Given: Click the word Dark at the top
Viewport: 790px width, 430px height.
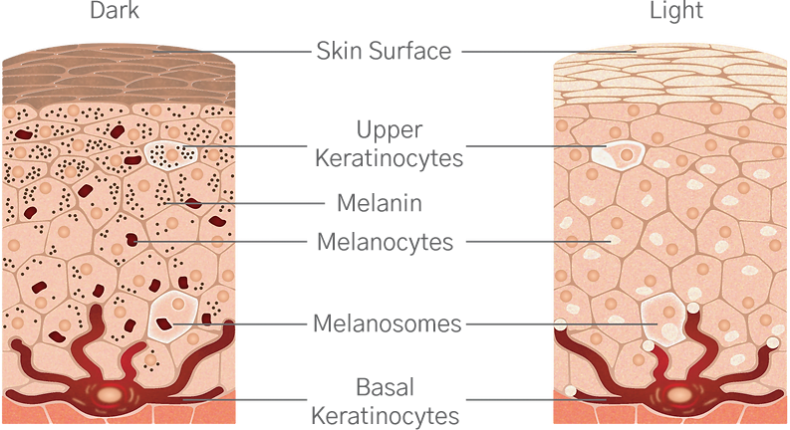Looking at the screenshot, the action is [115, 10].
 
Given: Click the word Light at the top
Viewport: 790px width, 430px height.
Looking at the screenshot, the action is [676, 11].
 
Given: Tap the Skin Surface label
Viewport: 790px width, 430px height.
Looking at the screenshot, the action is [384, 51].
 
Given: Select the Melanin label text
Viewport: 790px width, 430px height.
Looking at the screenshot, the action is [380, 203].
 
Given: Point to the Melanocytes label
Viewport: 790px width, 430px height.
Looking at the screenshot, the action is [385, 242].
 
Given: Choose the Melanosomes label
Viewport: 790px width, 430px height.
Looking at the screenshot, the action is [387, 323].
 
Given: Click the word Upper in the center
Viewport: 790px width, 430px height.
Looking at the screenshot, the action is [389, 130].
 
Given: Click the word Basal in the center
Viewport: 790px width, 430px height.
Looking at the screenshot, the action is [385, 388].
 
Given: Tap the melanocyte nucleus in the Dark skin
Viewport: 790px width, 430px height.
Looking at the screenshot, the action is [108, 393].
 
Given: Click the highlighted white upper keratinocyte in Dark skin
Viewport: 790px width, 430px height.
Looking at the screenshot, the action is [170, 154].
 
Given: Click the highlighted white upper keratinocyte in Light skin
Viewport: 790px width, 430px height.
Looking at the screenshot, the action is [619, 153].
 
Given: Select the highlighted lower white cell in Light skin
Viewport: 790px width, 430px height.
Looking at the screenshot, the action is [665, 320].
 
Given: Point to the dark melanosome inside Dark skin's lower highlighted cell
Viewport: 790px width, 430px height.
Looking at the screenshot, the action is [164, 323].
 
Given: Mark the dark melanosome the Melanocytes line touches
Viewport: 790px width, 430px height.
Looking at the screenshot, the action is [132, 240].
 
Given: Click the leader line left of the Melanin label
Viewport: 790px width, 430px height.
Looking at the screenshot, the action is [244, 203].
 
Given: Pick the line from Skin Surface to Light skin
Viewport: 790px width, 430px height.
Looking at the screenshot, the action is [549, 52].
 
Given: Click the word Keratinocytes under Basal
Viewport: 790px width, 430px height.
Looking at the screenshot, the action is [385, 416].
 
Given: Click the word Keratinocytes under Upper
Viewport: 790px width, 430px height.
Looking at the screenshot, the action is [389, 158].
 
